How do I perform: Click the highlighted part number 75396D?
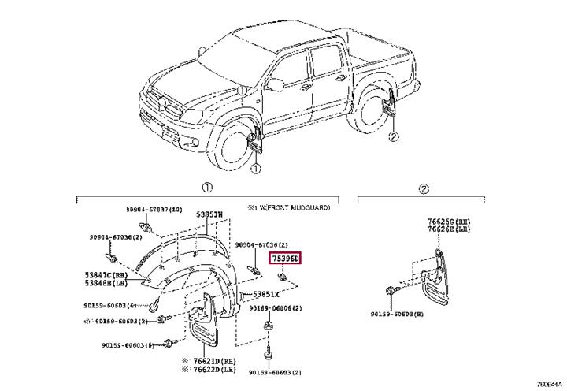(285, 258)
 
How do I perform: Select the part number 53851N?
(209, 214)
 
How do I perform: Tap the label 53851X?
(265, 294)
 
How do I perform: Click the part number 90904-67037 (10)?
(154, 210)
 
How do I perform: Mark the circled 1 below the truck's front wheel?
(255, 169)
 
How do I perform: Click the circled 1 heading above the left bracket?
(206, 188)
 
